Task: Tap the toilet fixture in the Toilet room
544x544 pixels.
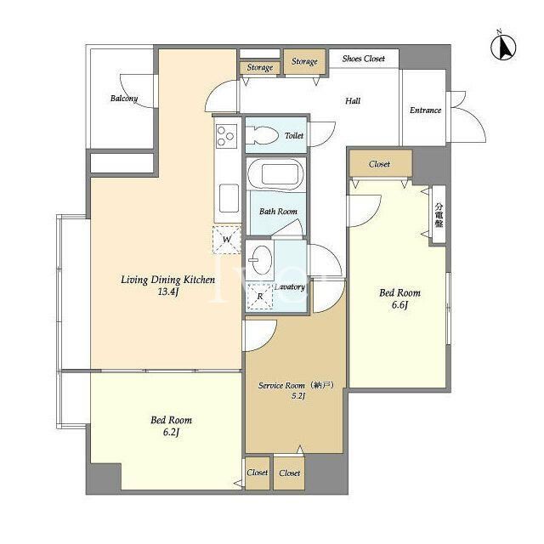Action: coord(262,135)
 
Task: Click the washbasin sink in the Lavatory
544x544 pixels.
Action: coord(260,260)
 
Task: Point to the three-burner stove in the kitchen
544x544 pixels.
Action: coord(226,136)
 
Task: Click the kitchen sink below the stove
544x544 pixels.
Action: coord(229,198)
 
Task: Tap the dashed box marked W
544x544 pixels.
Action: coord(227,240)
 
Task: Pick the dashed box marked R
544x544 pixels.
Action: coord(260,297)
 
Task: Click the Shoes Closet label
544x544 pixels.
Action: coord(363,59)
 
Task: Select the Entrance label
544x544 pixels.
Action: coord(425,110)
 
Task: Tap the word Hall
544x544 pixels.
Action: coord(353,101)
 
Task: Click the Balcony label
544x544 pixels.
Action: coord(124,99)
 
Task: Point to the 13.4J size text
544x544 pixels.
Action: coord(168,292)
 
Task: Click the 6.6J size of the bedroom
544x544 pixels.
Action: coord(399,305)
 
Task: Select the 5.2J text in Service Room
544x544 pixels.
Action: coord(298,395)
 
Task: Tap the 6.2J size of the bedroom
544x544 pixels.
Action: coord(171,433)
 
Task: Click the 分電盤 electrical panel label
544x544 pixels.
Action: coord(439,215)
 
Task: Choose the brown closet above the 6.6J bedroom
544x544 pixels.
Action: coord(381,163)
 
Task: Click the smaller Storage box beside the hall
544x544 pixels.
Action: coord(260,67)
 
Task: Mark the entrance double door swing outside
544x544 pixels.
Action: coord(467,116)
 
